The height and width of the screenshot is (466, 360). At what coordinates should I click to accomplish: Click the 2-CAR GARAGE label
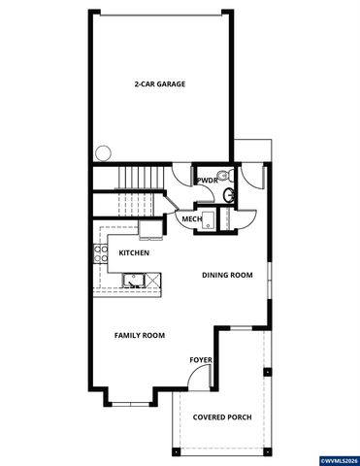(x=160, y=84)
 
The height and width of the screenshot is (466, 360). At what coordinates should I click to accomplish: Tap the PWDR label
(x=206, y=181)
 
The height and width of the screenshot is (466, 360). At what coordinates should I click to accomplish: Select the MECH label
(x=192, y=219)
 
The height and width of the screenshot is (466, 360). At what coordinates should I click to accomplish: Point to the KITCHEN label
(x=134, y=253)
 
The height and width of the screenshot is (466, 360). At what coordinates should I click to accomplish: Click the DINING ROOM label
(x=227, y=276)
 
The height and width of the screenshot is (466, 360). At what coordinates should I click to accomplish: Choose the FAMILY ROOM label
(x=140, y=336)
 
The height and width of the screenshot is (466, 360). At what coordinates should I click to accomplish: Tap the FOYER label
(x=201, y=360)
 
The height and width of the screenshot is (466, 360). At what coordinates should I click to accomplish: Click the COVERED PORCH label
(x=221, y=416)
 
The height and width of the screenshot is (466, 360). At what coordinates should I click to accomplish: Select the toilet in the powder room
(x=224, y=176)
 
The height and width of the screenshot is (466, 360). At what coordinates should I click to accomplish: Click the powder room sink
(x=230, y=196)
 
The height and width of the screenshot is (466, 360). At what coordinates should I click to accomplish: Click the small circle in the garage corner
(x=103, y=152)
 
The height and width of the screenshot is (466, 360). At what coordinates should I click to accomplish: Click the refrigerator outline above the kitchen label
(x=150, y=229)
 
